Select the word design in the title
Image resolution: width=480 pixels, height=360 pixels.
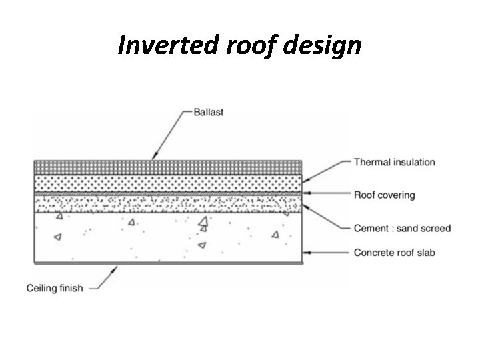pyautogui.click(x=320, y=45)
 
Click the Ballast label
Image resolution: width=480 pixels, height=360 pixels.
pyautogui.click(x=209, y=113)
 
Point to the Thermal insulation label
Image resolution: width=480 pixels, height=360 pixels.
pyautogui.click(x=395, y=162)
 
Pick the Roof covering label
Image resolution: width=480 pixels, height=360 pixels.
pyautogui.click(x=384, y=195)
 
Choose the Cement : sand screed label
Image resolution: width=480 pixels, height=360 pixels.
pyautogui.click(x=402, y=228)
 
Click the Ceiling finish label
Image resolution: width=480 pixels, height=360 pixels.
pyautogui.click(x=55, y=288)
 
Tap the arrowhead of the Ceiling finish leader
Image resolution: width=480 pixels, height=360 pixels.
pyautogui.click(x=117, y=268)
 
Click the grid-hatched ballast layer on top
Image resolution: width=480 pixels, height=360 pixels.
pyautogui.click(x=167, y=167)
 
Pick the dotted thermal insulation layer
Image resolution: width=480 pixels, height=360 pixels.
pyautogui.click(x=167, y=182)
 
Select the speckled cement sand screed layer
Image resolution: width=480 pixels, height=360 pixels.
pyautogui.click(x=167, y=203)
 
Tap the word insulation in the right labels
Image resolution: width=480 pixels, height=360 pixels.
pyautogui.click(x=411, y=162)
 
